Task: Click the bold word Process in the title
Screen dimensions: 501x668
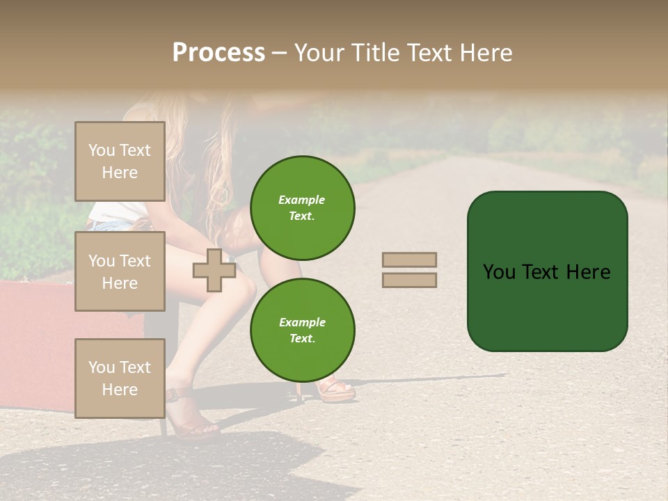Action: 218,53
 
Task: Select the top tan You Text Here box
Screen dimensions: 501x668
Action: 120,161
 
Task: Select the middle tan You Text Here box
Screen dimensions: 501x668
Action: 120,271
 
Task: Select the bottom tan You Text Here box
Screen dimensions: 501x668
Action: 120,378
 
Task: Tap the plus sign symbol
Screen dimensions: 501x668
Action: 214,270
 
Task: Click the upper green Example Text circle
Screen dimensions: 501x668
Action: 302,207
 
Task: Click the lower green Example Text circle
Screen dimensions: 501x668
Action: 302,330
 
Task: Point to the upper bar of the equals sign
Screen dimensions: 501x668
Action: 409,260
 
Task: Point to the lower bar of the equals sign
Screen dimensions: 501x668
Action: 409,280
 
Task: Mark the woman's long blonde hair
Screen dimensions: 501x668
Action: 209,160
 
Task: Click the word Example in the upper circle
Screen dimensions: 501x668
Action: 302,200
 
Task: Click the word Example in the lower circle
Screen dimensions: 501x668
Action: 302,322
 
